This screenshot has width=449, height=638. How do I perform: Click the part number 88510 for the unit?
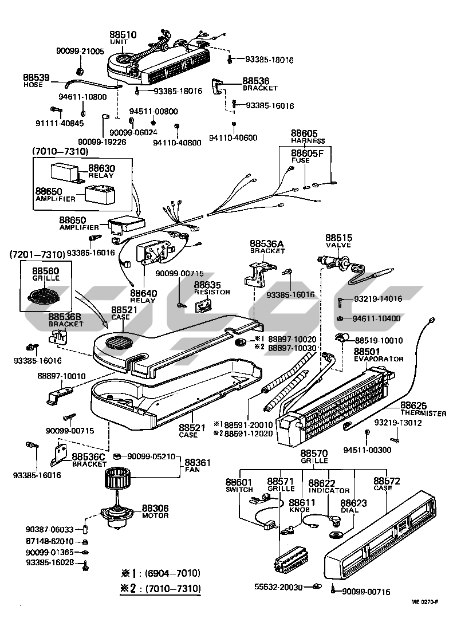(124, 35)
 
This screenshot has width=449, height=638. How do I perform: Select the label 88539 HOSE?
(36, 80)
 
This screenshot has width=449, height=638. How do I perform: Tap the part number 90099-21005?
(80, 51)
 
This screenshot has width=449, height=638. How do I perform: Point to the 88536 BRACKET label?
(259, 84)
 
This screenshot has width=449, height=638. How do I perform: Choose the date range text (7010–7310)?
(60, 151)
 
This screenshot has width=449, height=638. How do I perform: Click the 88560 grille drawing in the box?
(45, 297)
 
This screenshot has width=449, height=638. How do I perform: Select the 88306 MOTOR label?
(155, 511)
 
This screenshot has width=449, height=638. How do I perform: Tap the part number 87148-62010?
(50, 541)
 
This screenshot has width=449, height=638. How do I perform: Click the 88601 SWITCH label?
(239, 485)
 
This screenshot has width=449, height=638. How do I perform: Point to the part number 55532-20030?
(278, 587)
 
